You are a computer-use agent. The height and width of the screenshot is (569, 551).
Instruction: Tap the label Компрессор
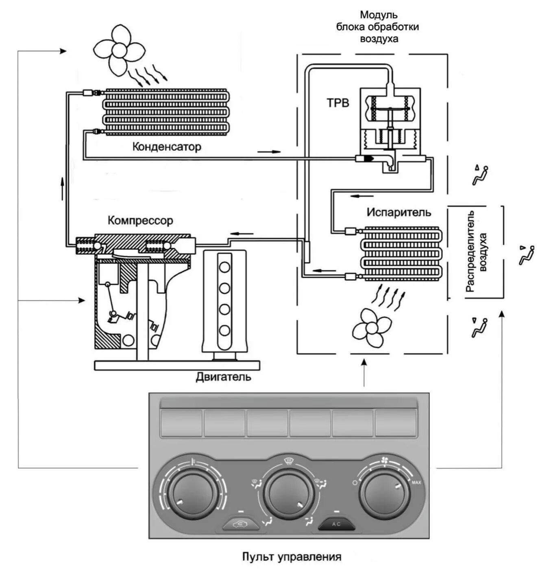(140, 221)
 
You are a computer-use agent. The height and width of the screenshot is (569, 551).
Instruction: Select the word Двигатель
(223, 377)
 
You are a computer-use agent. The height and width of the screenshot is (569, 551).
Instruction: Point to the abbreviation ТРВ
(338, 103)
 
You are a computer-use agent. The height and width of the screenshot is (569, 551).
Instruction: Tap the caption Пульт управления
(292, 556)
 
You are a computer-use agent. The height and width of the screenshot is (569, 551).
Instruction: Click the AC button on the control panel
(336, 524)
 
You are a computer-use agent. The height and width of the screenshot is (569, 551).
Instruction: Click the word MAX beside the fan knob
(416, 483)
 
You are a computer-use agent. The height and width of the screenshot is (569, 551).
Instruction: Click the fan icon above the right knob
(384, 460)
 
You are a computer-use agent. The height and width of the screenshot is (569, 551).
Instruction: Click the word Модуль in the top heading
(378, 15)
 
